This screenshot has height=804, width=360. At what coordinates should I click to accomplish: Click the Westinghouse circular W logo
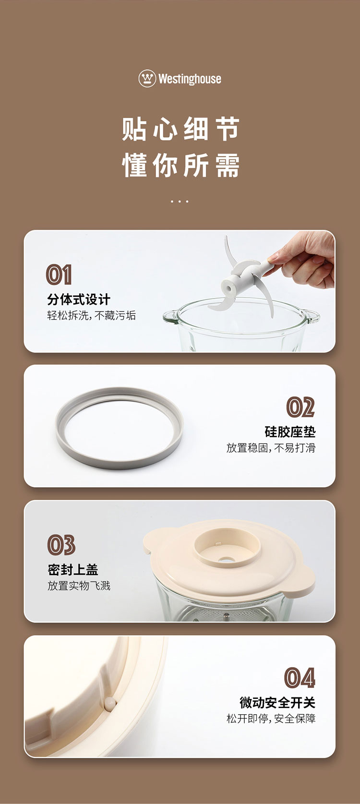coord(147,78)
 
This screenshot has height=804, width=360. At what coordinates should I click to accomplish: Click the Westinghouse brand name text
coord(190,79)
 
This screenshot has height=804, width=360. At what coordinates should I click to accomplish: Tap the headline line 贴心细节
coord(180,129)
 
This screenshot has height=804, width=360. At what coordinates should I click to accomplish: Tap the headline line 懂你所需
coord(180,166)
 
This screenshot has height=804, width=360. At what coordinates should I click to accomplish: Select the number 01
coord(59,275)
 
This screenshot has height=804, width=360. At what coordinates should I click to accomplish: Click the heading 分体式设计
coord(79,300)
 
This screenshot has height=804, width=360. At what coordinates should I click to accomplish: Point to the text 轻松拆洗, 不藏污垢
coord(91,315)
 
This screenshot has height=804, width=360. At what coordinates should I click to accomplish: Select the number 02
coord(300,408)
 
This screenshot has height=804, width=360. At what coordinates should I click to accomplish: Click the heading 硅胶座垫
coord(290,432)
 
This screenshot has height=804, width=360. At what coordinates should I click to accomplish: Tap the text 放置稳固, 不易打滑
coord(271,448)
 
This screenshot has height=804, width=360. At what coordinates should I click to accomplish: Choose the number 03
coord(61,545)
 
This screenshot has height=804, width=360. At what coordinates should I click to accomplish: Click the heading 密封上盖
coord(72,570)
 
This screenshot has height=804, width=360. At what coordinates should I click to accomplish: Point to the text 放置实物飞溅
coord(79,586)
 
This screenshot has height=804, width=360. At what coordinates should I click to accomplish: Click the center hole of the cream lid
coord(227,560)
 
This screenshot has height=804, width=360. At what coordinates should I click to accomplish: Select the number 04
coord(300,678)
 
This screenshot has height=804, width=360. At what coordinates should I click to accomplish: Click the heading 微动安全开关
coord(277,703)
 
